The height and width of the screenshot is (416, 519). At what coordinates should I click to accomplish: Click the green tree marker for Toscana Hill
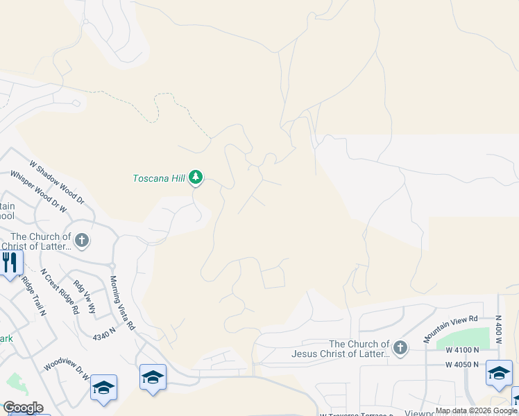196,178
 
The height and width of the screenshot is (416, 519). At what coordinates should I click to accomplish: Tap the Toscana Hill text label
159,178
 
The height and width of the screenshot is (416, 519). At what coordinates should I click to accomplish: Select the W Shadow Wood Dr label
56,182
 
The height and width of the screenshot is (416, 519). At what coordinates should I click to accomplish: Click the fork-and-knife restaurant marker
10,263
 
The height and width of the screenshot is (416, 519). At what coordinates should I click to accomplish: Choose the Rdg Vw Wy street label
85,296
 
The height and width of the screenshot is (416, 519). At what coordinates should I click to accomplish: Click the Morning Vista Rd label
121,302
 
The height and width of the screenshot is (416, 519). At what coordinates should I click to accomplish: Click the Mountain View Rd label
451,329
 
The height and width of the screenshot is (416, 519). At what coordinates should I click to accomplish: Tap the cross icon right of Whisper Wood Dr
82,241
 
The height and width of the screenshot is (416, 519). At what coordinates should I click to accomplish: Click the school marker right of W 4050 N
499,373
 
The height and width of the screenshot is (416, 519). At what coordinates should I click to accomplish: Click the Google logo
23,408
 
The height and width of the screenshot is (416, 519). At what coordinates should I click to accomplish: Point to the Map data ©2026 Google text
476,410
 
